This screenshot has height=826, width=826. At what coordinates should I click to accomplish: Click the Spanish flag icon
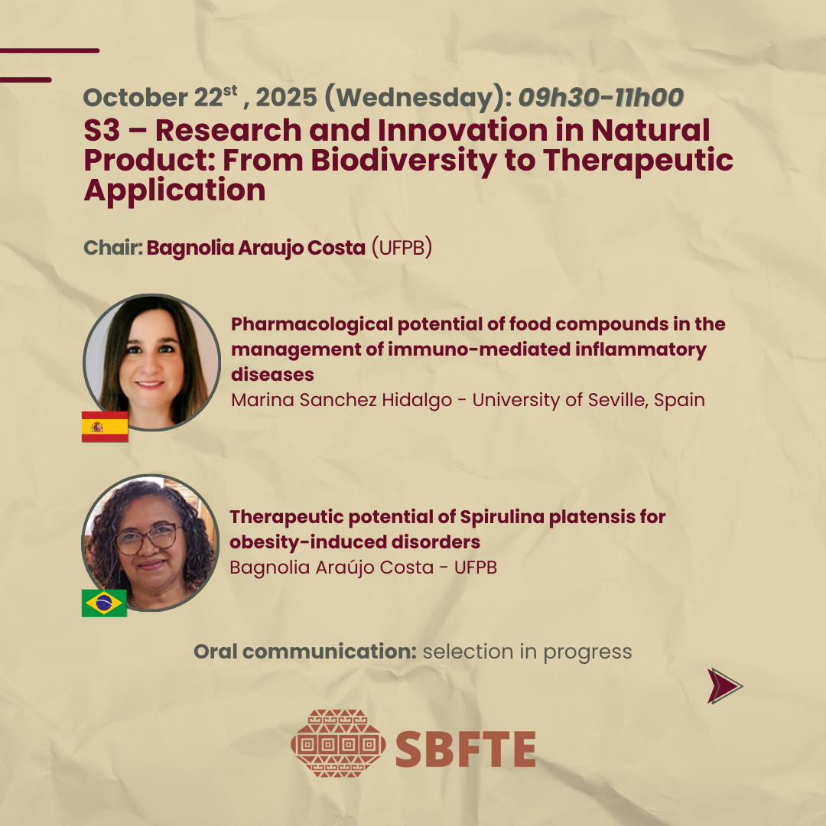(x=105, y=427)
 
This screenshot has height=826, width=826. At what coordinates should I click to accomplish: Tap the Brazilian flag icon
(x=104, y=603)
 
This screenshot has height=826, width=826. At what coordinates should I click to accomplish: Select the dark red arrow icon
(x=725, y=686)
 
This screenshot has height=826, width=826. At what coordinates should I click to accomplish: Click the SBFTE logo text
(x=466, y=749)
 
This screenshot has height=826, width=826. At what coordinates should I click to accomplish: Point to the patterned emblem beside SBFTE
(x=338, y=743)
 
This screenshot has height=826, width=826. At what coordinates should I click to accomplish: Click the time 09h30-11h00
(x=601, y=97)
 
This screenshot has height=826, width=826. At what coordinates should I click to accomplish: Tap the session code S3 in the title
(x=102, y=130)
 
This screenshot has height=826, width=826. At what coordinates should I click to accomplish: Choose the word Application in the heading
(x=175, y=190)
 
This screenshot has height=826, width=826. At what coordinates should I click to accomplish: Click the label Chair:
(x=113, y=248)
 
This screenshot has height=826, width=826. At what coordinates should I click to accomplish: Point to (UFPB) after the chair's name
(x=402, y=248)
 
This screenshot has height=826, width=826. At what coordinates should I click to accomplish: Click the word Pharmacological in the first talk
(x=312, y=324)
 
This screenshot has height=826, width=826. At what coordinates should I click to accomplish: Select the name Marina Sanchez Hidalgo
(x=341, y=400)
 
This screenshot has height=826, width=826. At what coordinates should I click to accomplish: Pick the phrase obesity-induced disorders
(x=355, y=542)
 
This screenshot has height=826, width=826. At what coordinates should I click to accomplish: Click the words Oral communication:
(x=305, y=652)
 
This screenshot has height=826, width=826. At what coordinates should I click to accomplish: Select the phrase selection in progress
(x=527, y=652)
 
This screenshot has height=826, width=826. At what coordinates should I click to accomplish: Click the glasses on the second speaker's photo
(x=147, y=538)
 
